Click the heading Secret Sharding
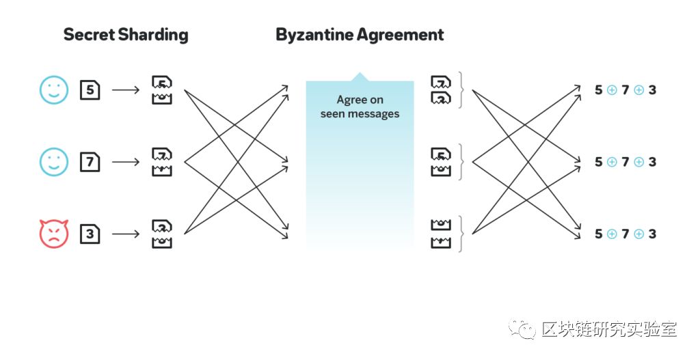[x=126, y=35]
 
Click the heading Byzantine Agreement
[x=360, y=35]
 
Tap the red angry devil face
[x=54, y=234]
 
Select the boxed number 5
[x=90, y=89]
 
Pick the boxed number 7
[x=90, y=162]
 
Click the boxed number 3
[x=90, y=234]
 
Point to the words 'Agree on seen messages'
[x=360, y=107]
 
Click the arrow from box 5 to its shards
[x=125, y=89]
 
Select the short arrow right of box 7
[x=125, y=162]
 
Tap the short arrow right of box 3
[x=125, y=234]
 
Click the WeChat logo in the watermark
[x=526, y=329]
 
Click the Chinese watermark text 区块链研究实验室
[x=608, y=329]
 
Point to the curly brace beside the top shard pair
[x=462, y=90]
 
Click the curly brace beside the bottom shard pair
[x=462, y=234]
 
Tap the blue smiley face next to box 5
[x=54, y=89]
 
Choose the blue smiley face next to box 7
[x=54, y=162]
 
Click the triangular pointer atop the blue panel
[x=360, y=77]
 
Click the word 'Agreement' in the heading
[x=404, y=35]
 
